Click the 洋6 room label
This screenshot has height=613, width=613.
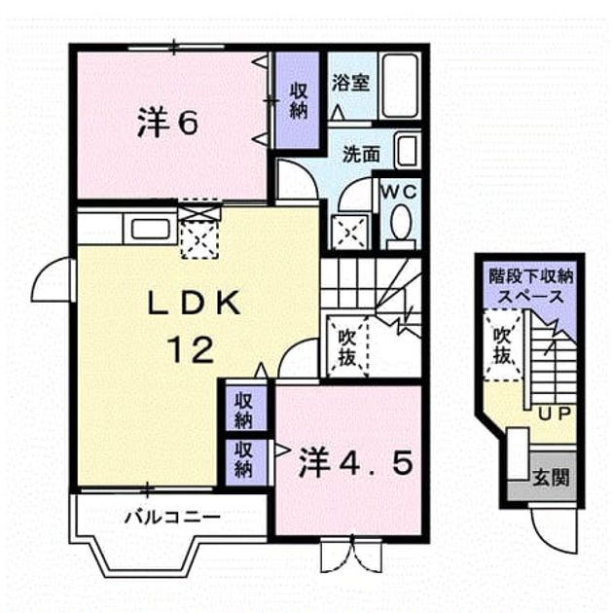(x=167, y=124)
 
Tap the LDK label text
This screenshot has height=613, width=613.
(x=195, y=303)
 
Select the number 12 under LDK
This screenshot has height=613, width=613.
(x=192, y=350)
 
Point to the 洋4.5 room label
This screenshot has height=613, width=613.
(x=355, y=464)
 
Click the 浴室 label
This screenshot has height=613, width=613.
(x=350, y=83)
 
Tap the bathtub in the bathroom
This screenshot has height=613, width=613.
(x=400, y=86)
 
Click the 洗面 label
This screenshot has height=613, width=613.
(x=361, y=154)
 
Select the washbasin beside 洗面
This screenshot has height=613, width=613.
(x=408, y=151)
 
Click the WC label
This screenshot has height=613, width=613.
(x=399, y=192)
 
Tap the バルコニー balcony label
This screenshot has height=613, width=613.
(x=172, y=518)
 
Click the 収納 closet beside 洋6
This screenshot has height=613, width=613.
(x=298, y=101)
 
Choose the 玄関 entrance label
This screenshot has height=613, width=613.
(x=551, y=478)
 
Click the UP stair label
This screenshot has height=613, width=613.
(x=555, y=414)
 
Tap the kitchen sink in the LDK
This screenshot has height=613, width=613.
(x=150, y=229)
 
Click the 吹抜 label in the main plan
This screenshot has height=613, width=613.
(x=346, y=348)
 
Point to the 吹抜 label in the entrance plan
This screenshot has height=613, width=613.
(x=502, y=345)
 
